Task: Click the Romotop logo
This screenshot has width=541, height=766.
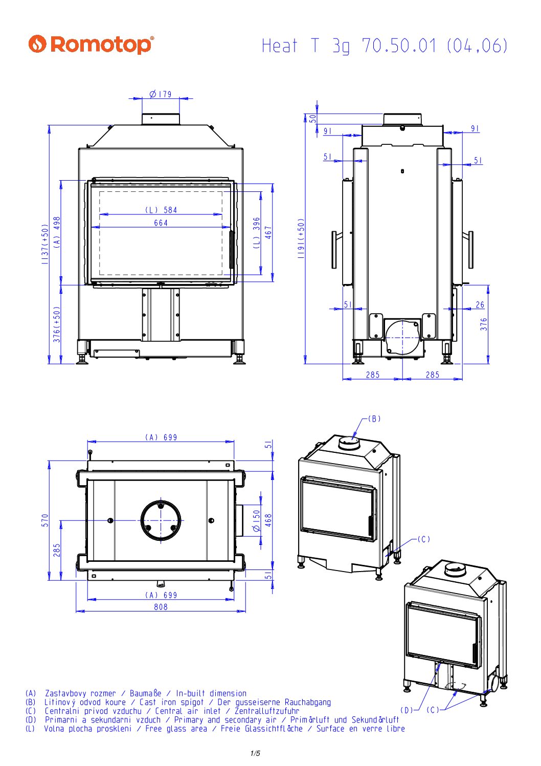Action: coord(91,45)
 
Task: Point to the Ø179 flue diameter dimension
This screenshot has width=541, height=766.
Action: coord(161,94)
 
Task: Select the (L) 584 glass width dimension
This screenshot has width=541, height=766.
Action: coord(161,210)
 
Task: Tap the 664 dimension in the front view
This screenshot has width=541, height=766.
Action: coord(161,223)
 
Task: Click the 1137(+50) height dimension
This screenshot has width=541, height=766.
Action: coord(46,244)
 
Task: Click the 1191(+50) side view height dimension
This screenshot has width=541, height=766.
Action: coord(301,238)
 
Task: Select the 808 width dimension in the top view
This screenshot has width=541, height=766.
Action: coord(161,607)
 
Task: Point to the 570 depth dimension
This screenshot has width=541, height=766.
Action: coord(46,520)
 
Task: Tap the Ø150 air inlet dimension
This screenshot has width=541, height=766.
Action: coord(257,520)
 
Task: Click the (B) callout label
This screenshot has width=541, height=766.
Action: coord(375,419)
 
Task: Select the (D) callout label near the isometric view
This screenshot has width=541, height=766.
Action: coord(407,710)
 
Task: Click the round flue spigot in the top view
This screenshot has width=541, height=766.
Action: coord(161,520)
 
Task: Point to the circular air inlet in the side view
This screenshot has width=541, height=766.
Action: coord(402,337)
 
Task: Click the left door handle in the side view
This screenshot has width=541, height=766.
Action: coord(334,250)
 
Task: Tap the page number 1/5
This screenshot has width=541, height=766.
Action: coord(255,753)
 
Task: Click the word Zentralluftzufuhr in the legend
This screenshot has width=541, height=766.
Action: coord(266,711)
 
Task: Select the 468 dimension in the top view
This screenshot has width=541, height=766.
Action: coord(269,520)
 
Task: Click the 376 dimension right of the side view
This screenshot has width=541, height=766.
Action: coord(484,324)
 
